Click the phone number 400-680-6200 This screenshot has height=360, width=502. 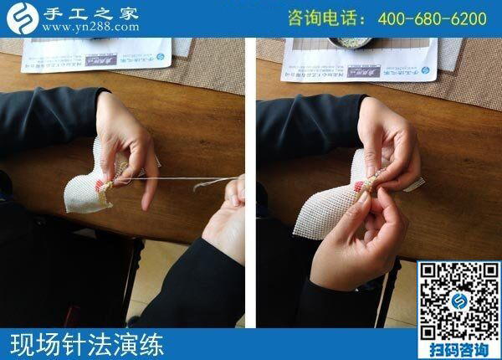[432, 18]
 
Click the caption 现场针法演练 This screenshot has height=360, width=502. [87, 344]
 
